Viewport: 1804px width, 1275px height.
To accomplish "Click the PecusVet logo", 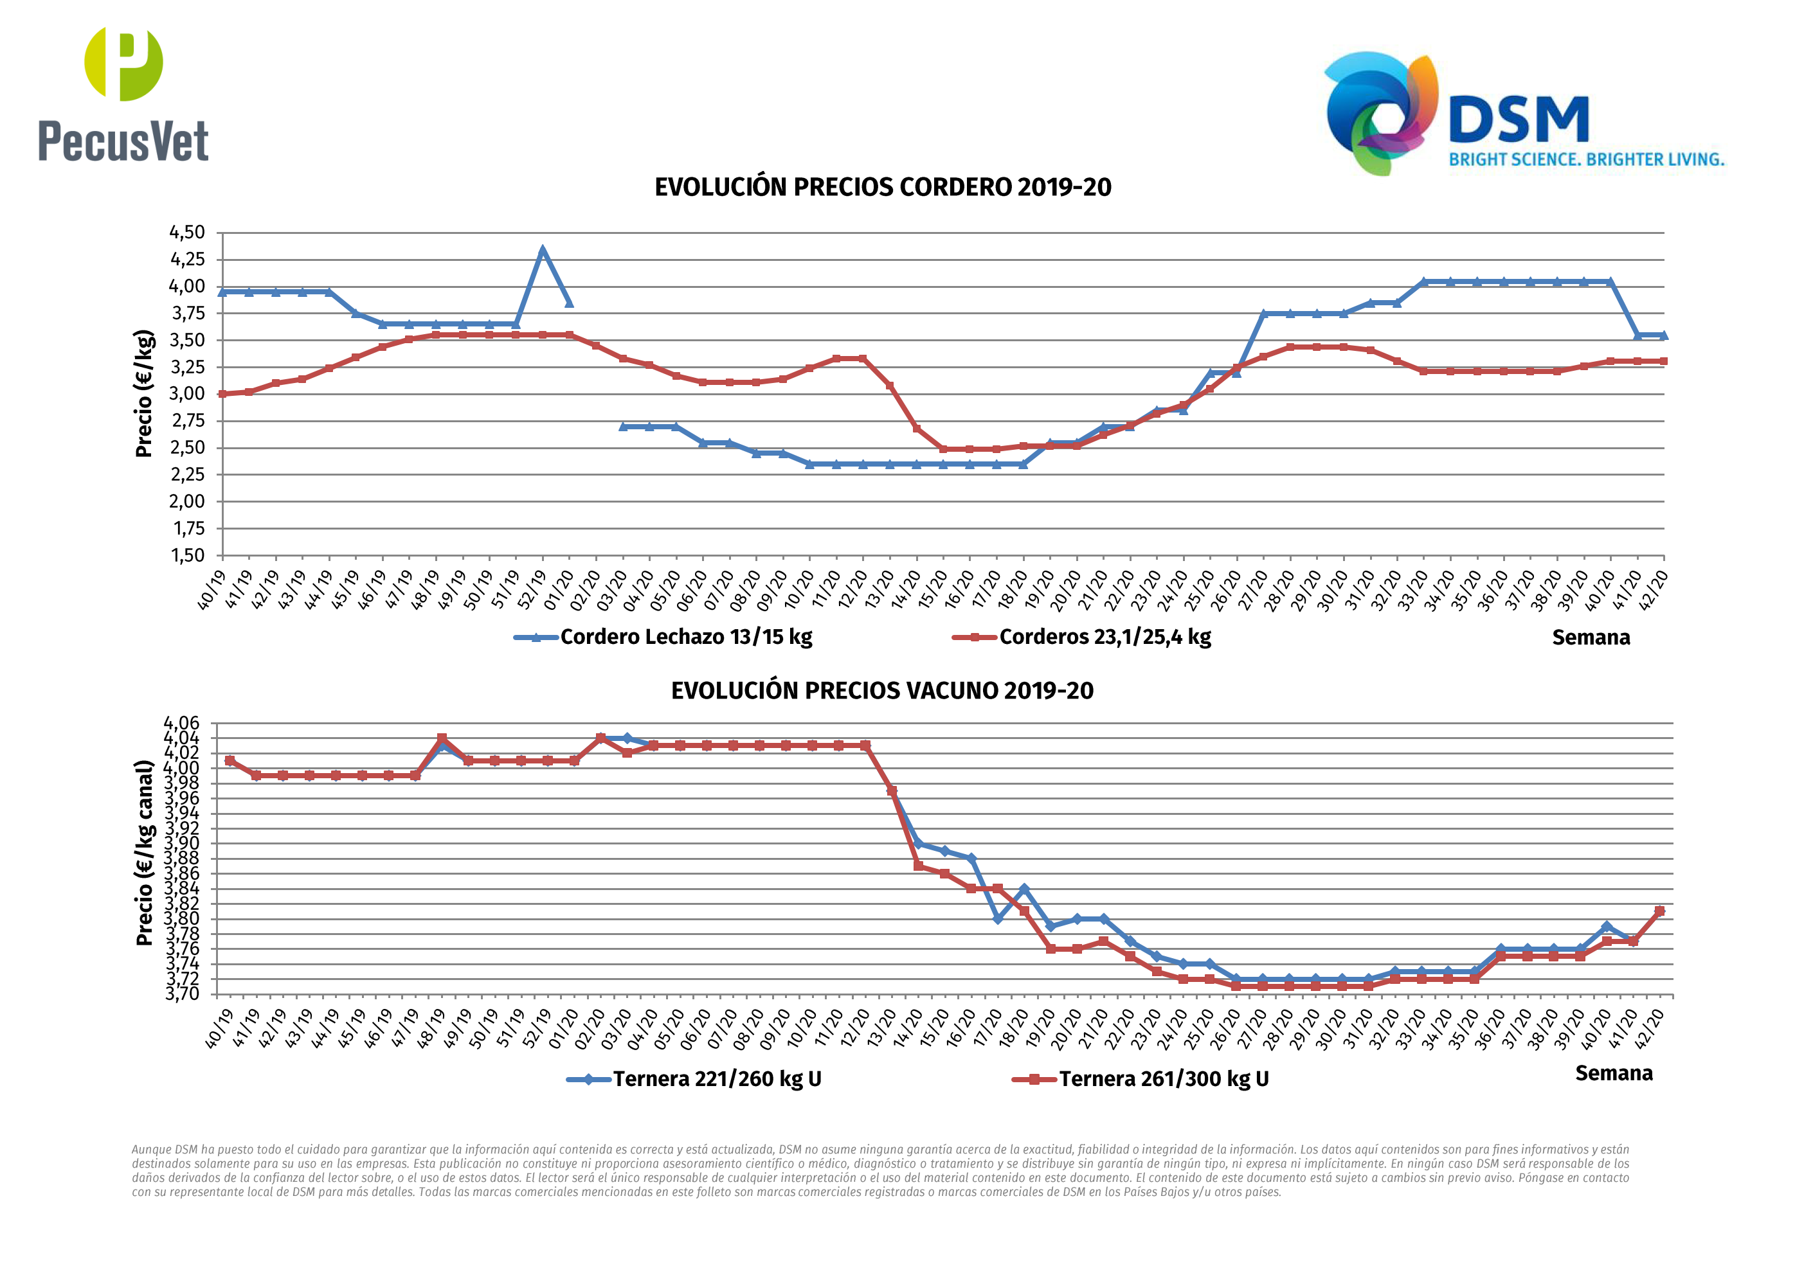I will pyautogui.click(x=123, y=94).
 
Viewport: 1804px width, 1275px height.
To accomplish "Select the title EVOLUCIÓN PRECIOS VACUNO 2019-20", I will pyautogui.click(x=881, y=691).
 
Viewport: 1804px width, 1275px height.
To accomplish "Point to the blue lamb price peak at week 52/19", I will pyautogui.click(x=542, y=251).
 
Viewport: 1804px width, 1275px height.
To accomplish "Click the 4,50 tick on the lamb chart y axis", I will pyautogui.click(x=187, y=233).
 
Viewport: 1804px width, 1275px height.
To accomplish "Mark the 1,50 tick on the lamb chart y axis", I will pyautogui.click(x=187, y=555).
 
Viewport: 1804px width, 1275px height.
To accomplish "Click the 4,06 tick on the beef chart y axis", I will pyautogui.click(x=181, y=723).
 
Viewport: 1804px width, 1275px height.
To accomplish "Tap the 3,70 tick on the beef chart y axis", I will pyautogui.click(x=181, y=994).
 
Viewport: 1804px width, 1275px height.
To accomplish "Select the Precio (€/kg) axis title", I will pyautogui.click(x=144, y=393).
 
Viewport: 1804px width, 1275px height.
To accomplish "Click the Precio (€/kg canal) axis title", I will pyautogui.click(x=144, y=853).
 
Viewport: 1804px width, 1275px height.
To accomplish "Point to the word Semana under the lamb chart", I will pyautogui.click(x=1591, y=638).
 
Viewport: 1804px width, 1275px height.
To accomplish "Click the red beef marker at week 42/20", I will pyautogui.click(x=1659, y=911).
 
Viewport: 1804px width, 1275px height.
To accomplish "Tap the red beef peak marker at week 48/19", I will pyautogui.click(x=442, y=739).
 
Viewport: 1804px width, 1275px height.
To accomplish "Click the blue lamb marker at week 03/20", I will pyautogui.click(x=623, y=427).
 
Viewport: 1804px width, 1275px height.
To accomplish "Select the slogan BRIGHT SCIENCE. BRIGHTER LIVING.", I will pyautogui.click(x=1586, y=159).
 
